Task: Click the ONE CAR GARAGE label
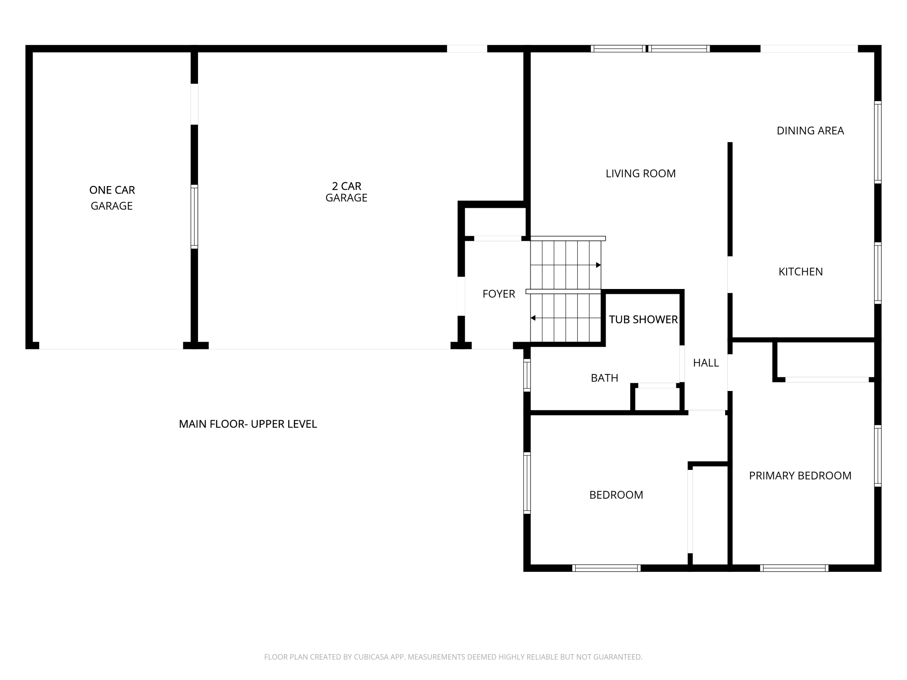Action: (112, 197)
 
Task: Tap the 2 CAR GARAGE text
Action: (346, 192)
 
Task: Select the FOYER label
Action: (498, 294)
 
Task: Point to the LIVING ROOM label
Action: (640, 173)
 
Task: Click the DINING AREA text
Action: (810, 130)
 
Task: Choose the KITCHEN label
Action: (800, 272)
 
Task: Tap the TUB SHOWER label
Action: (643, 320)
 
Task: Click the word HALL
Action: (706, 363)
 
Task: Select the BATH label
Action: (604, 378)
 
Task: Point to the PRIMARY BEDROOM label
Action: (800, 476)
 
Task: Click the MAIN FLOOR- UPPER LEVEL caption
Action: (248, 424)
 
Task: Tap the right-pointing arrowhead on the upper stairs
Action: (598, 265)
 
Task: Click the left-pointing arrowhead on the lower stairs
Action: (533, 318)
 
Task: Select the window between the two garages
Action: (194, 217)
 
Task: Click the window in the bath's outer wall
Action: (527, 375)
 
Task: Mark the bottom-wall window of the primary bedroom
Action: (794, 568)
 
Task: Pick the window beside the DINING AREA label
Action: (878, 142)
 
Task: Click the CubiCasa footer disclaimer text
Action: (453, 656)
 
